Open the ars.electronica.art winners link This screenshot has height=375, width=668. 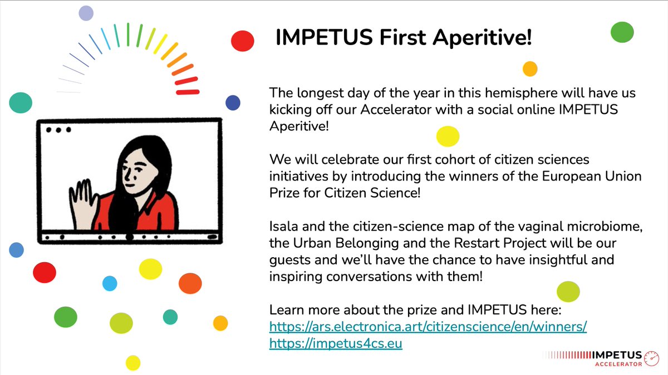[428, 327]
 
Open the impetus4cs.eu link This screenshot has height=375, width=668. [336, 344]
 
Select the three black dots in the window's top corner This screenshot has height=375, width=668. [58, 129]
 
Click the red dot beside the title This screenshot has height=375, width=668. [243, 41]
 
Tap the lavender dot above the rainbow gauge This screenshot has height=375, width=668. [86, 13]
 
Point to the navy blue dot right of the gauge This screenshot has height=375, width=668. [233, 103]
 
